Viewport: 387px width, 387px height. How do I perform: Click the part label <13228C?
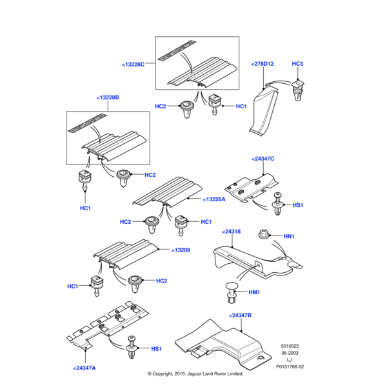coord(134,64)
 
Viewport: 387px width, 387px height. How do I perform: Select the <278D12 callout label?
coord(263,64)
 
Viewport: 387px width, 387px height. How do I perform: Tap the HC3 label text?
coord(297,64)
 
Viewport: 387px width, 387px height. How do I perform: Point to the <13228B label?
coord(108,97)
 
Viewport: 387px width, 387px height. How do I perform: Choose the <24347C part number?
coord(263,158)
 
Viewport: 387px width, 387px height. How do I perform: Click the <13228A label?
coord(213,199)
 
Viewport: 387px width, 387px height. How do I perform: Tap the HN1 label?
coord(289,237)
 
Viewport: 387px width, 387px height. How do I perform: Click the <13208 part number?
coord(181,250)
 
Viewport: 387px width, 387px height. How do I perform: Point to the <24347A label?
coord(84,368)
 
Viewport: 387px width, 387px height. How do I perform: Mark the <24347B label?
coord(240,315)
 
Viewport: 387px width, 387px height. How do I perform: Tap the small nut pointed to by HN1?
coord(263,233)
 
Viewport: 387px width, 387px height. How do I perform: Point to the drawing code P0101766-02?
coord(299,367)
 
